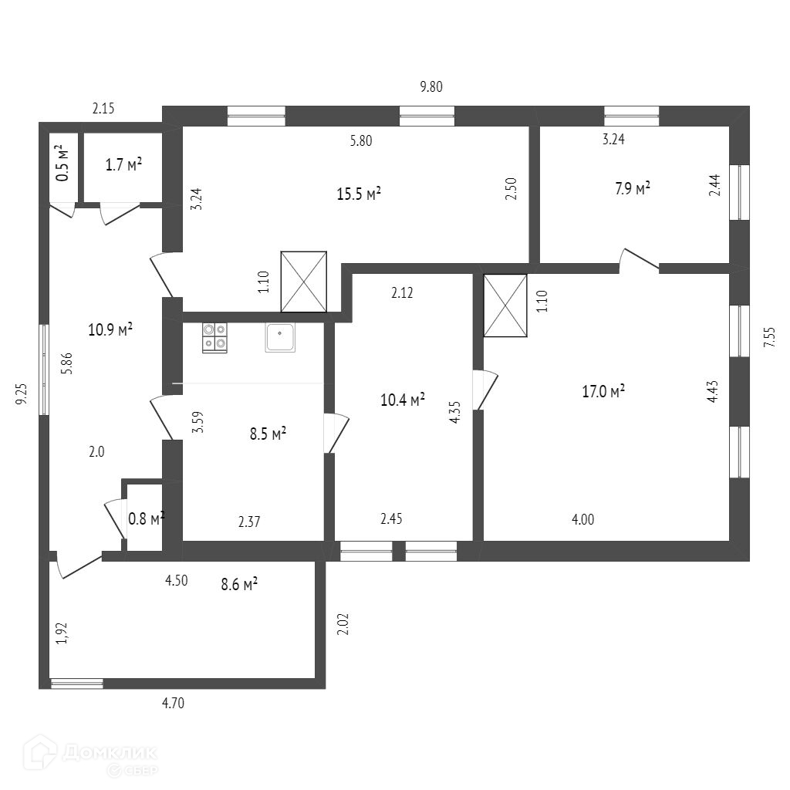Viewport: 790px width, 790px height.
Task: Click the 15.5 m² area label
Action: [x=359, y=194]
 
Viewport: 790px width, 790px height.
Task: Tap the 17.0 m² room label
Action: [x=603, y=391]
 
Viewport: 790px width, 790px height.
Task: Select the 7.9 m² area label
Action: [x=632, y=187]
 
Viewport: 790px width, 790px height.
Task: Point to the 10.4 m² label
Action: [x=403, y=400]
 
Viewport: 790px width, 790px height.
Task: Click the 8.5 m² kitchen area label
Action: [x=268, y=434]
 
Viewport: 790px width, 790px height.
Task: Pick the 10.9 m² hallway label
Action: [x=110, y=329]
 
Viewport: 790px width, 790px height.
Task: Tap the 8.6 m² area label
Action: [x=238, y=585]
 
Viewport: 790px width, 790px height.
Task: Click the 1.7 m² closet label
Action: [x=123, y=164]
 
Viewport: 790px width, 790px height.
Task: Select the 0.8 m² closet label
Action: [x=146, y=519]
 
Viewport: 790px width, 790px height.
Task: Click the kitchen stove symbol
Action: [x=214, y=338]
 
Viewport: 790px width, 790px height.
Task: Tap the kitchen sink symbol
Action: [x=280, y=337]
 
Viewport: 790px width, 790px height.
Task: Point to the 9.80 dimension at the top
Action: [x=431, y=87]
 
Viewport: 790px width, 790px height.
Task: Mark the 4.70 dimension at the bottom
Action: [x=173, y=703]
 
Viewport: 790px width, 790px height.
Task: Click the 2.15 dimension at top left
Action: [x=103, y=109]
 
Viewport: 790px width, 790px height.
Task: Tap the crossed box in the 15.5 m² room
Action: [x=304, y=282]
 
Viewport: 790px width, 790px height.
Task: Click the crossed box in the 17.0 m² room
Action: [x=505, y=306]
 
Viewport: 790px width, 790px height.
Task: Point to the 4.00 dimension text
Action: [x=582, y=519]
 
